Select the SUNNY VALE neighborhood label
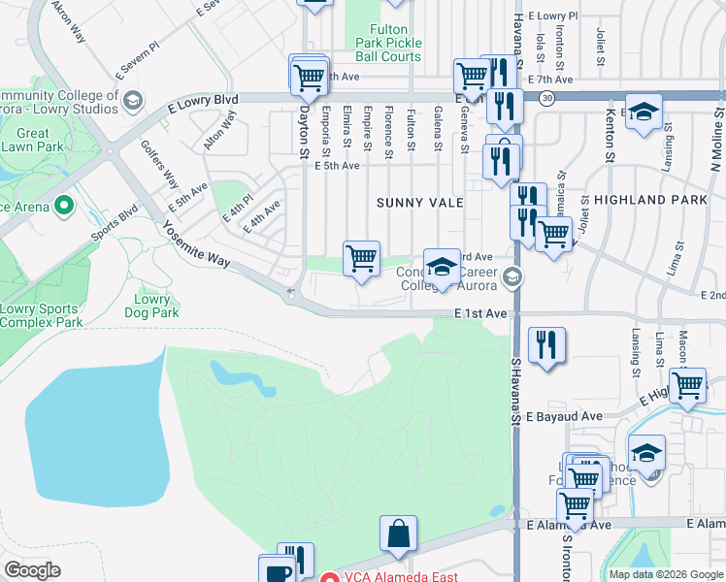(x=420, y=203)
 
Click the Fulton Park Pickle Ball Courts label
(x=395, y=44)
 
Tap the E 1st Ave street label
(x=480, y=314)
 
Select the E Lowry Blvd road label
(x=202, y=100)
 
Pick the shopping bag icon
(x=398, y=533)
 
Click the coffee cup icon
(x=277, y=571)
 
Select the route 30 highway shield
(x=548, y=98)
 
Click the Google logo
(x=32, y=570)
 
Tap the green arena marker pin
(x=65, y=206)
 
